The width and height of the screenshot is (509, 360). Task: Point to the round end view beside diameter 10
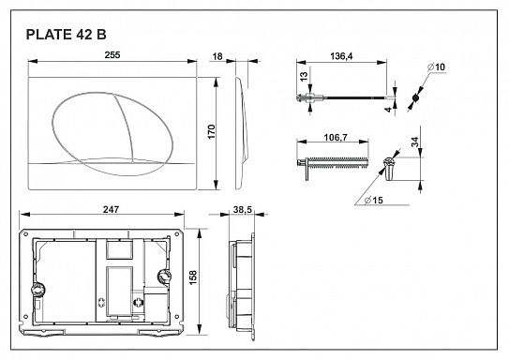pyautogui.click(x=415, y=97)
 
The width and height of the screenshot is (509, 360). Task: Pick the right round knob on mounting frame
pyautogui.click(x=166, y=277)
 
